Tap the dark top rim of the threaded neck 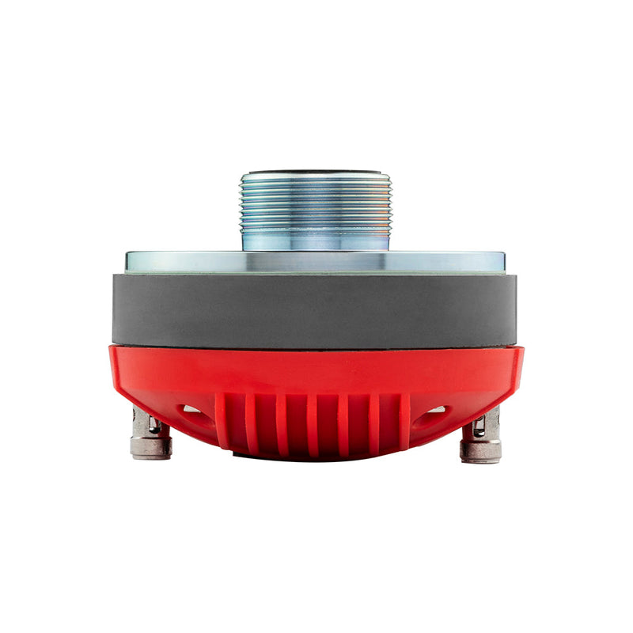(x=315, y=171)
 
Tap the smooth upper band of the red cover (x=315, y=368)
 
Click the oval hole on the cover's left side (x=190, y=410)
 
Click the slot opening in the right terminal (x=478, y=427)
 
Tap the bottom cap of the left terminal (x=151, y=449)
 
